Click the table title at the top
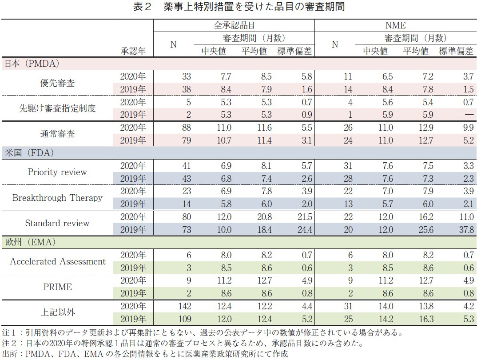(x=238, y=7)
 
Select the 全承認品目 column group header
(x=234, y=25)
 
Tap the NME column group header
(x=396, y=25)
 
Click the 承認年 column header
(x=133, y=51)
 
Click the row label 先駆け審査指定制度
(x=57, y=108)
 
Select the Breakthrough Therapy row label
(x=57, y=198)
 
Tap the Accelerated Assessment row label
(x=57, y=261)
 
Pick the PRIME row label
(x=57, y=287)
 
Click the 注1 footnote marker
(x=9, y=332)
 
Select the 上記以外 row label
(x=57, y=312)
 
